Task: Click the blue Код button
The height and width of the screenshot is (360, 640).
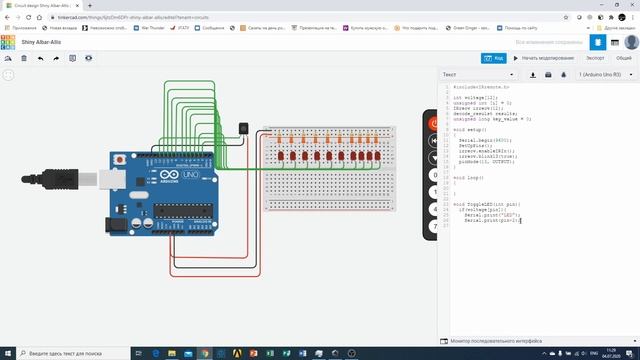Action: tap(493, 58)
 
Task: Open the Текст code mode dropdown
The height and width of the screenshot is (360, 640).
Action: tap(478, 74)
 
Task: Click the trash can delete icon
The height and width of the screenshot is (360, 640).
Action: tap(24, 58)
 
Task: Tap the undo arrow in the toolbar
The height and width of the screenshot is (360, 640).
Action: tap(41, 58)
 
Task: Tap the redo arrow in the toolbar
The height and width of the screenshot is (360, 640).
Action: tap(56, 58)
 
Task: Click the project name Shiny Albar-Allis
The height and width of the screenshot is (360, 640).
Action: tap(43, 43)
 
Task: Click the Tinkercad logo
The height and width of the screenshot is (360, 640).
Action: tap(8, 43)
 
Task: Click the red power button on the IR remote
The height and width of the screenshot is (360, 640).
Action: tap(434, 124)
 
